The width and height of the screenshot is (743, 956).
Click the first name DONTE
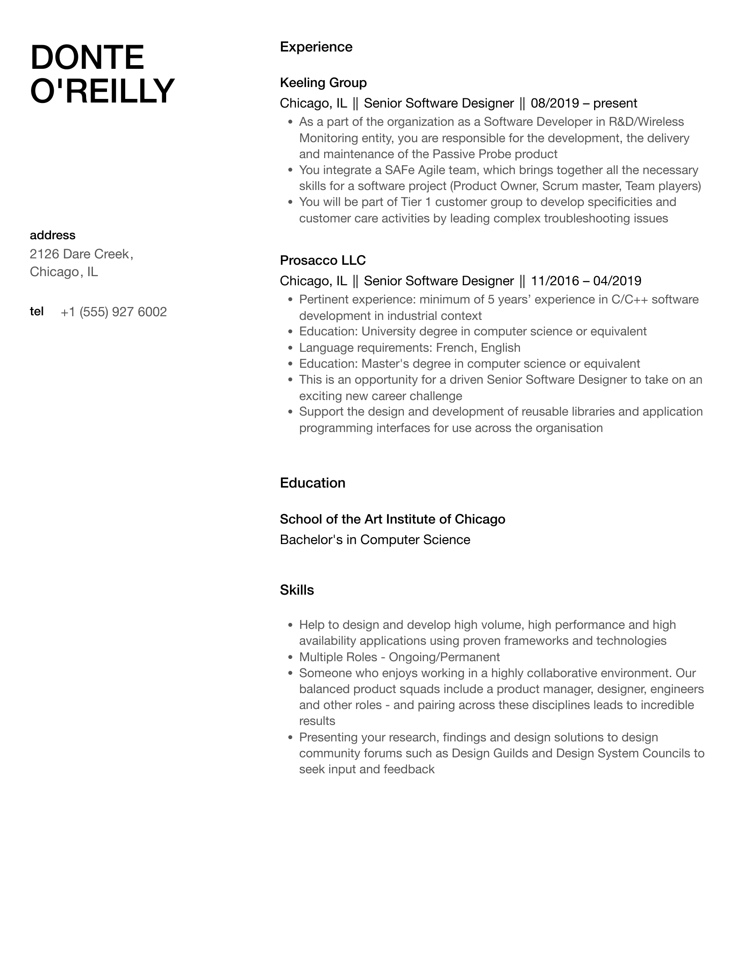tap(87, 57)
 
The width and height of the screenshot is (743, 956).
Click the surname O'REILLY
tap(102, 91)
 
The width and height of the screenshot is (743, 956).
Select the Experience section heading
tap(316, 47)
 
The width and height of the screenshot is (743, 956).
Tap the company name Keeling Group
tap(323, 82)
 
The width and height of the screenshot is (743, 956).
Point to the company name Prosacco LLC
tap(323, 260)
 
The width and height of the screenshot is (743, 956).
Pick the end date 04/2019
tap(617, 281)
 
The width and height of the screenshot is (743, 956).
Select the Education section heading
tap(312, 483)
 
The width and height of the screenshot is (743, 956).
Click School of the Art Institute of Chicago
tap(392, 519)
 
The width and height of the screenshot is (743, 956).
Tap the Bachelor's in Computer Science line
tap(375, 540)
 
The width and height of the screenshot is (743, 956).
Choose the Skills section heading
tap(297, 590)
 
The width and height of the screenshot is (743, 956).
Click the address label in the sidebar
tap(52, 235)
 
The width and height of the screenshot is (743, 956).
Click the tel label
tap(36, 311)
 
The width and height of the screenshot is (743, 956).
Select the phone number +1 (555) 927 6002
tap(114, 312)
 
